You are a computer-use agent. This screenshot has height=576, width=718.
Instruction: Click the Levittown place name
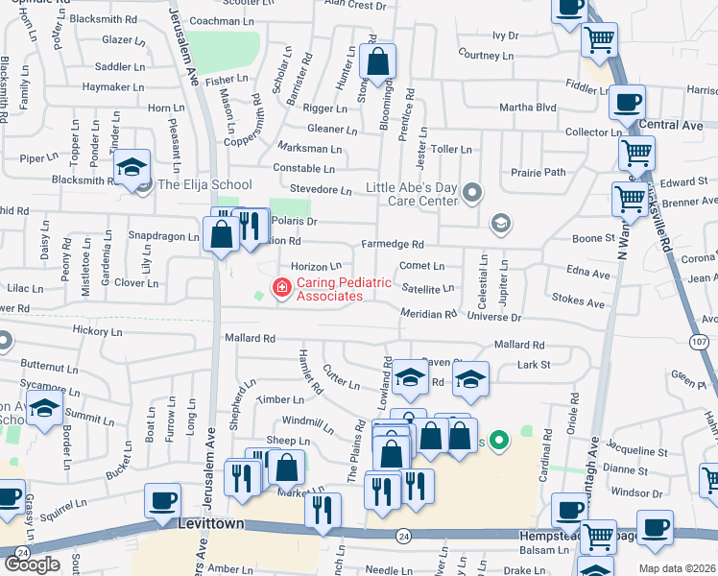click(x=211, y=523)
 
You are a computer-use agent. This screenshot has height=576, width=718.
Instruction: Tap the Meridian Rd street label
click(x=429, y=314)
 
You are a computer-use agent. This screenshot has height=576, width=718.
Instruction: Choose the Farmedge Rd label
click(x=392, y=245)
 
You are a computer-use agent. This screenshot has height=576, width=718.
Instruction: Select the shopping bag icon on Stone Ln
click(x=378, y=61)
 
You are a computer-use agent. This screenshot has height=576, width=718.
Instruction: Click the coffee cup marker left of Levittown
click(x=162, y=500)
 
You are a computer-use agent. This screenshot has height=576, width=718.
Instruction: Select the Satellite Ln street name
click(x=428, y=288)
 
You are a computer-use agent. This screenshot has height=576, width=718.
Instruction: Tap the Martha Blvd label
click(x=526, y=107)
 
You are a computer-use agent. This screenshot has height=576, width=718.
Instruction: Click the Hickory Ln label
click(x=97, y=331)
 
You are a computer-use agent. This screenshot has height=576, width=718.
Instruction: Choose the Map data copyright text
click(x=676, y=568)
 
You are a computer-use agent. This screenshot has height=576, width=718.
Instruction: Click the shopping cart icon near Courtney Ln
click(x=599, y=39)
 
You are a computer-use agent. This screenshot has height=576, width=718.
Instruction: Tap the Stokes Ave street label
click(x=579, y=301)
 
